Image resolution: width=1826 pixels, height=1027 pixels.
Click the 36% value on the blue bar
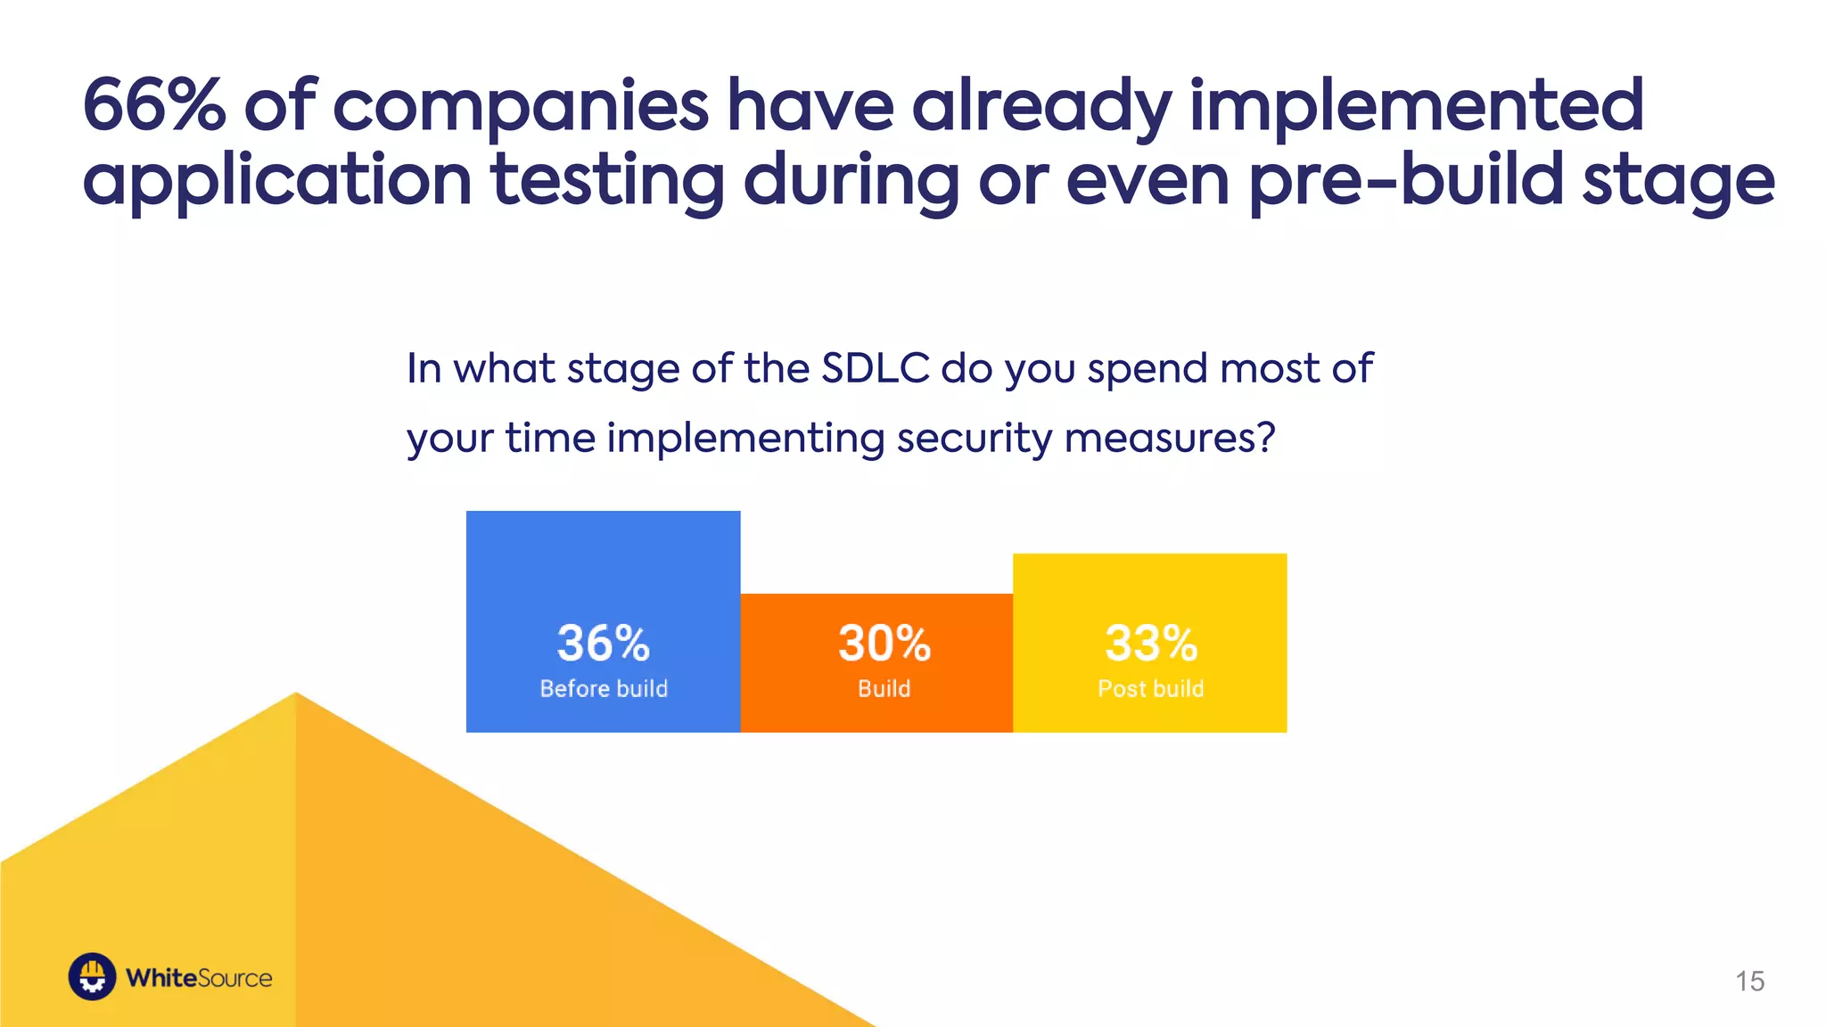(x=604, y=643)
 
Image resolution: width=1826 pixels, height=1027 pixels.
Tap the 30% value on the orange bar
(x=884, y=643)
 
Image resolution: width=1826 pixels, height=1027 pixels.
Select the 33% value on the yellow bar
(x=1151, y=643)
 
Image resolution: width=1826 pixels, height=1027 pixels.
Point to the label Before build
(x=604, y=688)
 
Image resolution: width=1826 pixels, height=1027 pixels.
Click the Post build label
(x=1151, y=688)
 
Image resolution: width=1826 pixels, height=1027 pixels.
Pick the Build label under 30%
(x=884, y=688)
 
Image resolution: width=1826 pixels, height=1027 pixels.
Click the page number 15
(x=1749, y=981)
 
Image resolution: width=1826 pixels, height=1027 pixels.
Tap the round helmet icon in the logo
(x=93, y=977)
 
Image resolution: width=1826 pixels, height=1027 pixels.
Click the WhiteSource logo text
(x=199, y=978)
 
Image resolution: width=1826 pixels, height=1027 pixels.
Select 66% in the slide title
(x=154, y=105)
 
